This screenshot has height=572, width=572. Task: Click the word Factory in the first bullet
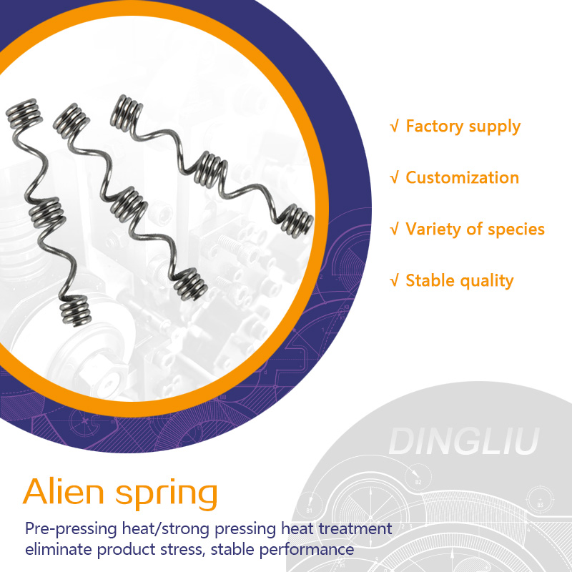point(433,127)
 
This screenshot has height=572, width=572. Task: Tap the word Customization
point(462,177)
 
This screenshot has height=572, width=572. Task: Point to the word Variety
point(434,230)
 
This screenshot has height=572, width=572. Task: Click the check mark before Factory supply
point(394,127)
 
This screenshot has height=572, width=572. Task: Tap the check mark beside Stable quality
point(394,280)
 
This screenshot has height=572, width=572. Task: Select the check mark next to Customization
point(394,177)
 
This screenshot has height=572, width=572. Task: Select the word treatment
point(355,530)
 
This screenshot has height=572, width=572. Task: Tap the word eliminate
point(59,550)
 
